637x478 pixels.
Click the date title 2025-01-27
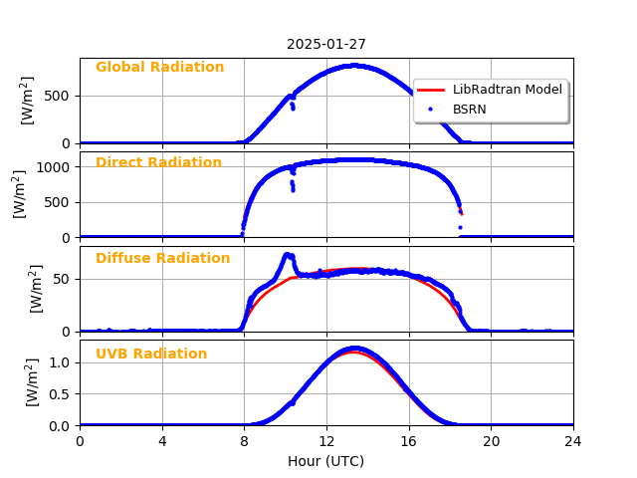[x=326, y=44]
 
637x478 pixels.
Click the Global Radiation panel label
[x=159, y=68]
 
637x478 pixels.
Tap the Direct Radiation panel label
[x=158, y=163]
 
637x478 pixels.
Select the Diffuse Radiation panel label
[x=162, y=259]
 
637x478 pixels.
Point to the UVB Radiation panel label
[x=151, y=355]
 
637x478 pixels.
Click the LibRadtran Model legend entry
[x=507, y=90]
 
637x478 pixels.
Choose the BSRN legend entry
[x=469, y=109]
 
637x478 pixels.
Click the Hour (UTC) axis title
[x=326, y=461]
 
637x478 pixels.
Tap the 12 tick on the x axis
[x=326, y=440]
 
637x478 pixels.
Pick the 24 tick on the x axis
[x=573, y=440]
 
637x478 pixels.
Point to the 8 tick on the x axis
[x=244, y=440]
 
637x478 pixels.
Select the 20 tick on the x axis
[x=491, y=440]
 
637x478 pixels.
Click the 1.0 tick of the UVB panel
[x=62, y=362]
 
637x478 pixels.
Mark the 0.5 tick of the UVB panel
[x=62, y=393]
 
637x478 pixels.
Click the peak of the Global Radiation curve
[x=353, y=66]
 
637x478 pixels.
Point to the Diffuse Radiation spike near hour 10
[x=287, y=255]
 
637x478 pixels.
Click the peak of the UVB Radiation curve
[x=353, y=349]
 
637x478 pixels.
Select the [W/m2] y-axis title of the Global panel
[x=28, y=100]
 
